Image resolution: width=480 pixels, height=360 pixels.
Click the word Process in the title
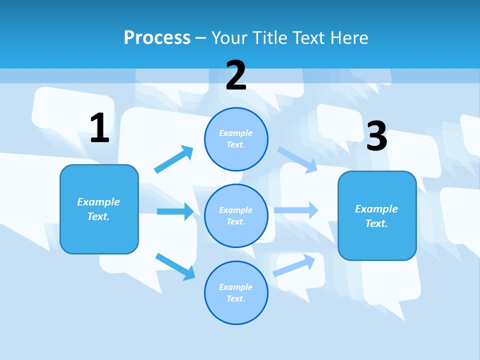pyautogui.click(x=157, y=37)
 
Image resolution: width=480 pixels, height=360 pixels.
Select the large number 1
pyautogui.click(x=99, y=128)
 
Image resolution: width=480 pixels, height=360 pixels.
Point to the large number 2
pyautogui.click(x=236, y=75)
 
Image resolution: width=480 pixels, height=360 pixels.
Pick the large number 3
pyautogui.click(x=376, y=136)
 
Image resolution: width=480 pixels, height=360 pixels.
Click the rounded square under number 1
pyautogui.click(x=99, y=209)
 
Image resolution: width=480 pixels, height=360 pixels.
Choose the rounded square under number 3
pyautogui.click(x=377, y=215)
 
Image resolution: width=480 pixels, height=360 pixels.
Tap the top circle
pyautogui.click(x=236, y=139)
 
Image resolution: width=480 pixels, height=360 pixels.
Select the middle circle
pyautogui.click(x=236, y=215)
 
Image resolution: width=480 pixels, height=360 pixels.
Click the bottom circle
pyautogui.click(x=236, y=292)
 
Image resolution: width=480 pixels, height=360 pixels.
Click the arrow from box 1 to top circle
pyautogui.click(x=174, y=159)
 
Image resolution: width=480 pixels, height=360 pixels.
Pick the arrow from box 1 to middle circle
pyautogui.click(x=175, y=211)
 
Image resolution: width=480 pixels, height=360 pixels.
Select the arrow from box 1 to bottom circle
pyautogui.click(x=175, y=266)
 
